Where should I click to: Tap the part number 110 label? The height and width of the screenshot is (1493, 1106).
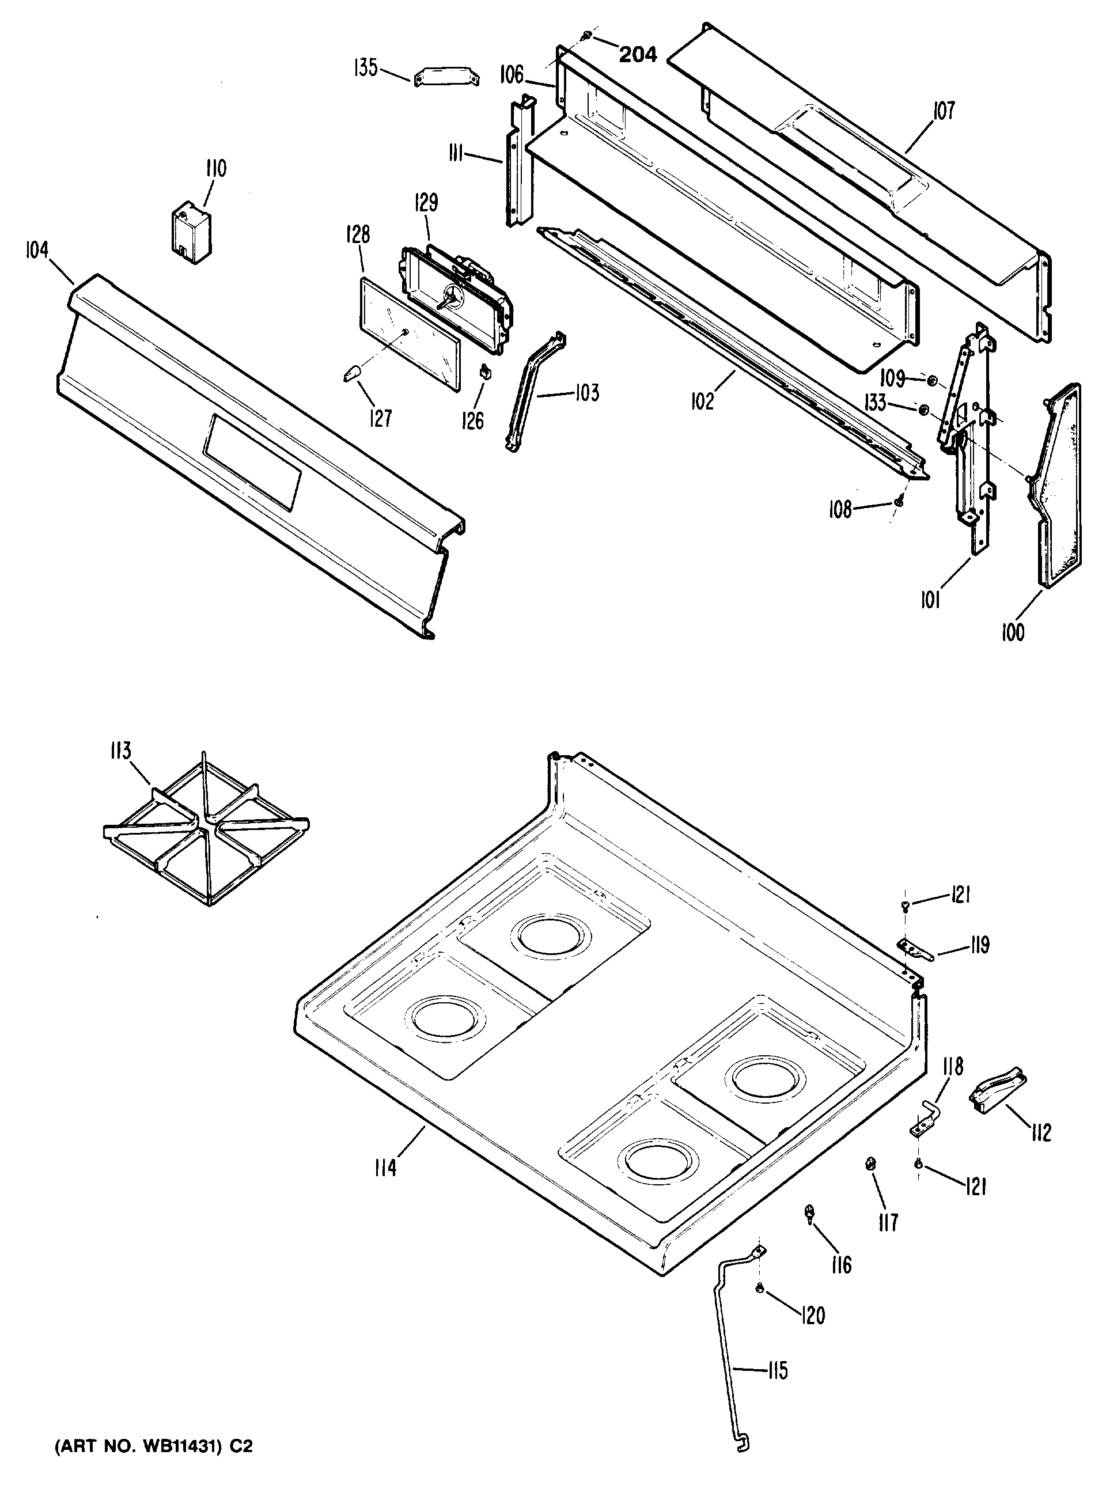tap(215, 168)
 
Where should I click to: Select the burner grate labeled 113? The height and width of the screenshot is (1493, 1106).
tap(206, 829)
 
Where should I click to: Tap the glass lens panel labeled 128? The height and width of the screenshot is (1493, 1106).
tap(410, 334)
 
